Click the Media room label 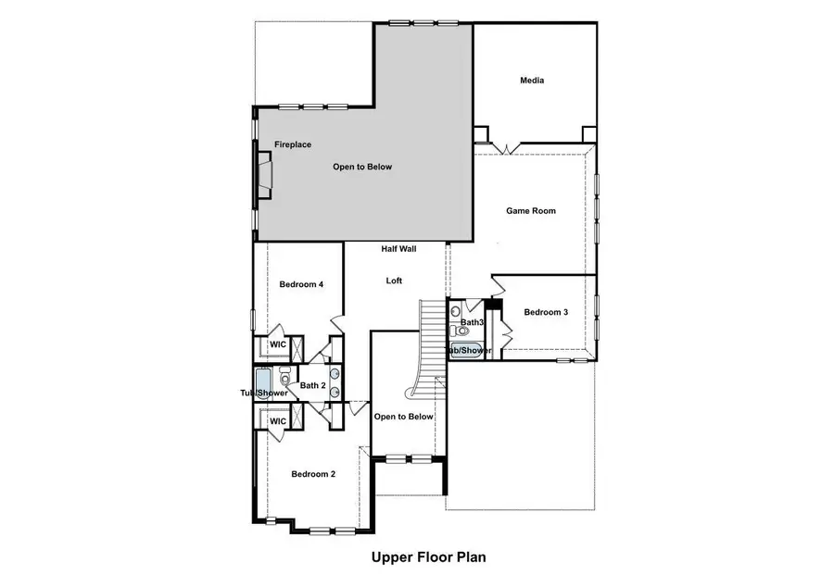click(532, 81)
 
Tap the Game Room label click(531, 211)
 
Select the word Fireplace click(292, 144)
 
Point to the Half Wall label click(398, 249)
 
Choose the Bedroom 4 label click(301, 284)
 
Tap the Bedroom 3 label click(546, 312)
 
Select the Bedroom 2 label click(313, 474)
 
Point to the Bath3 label click(473, 322)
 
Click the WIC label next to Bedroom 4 click(278, 344)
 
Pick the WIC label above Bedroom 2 click(278, 421)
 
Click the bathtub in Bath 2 click(263, 382)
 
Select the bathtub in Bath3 click(467, 351)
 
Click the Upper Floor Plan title click(428, 557)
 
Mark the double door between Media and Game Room click(505, 147)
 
